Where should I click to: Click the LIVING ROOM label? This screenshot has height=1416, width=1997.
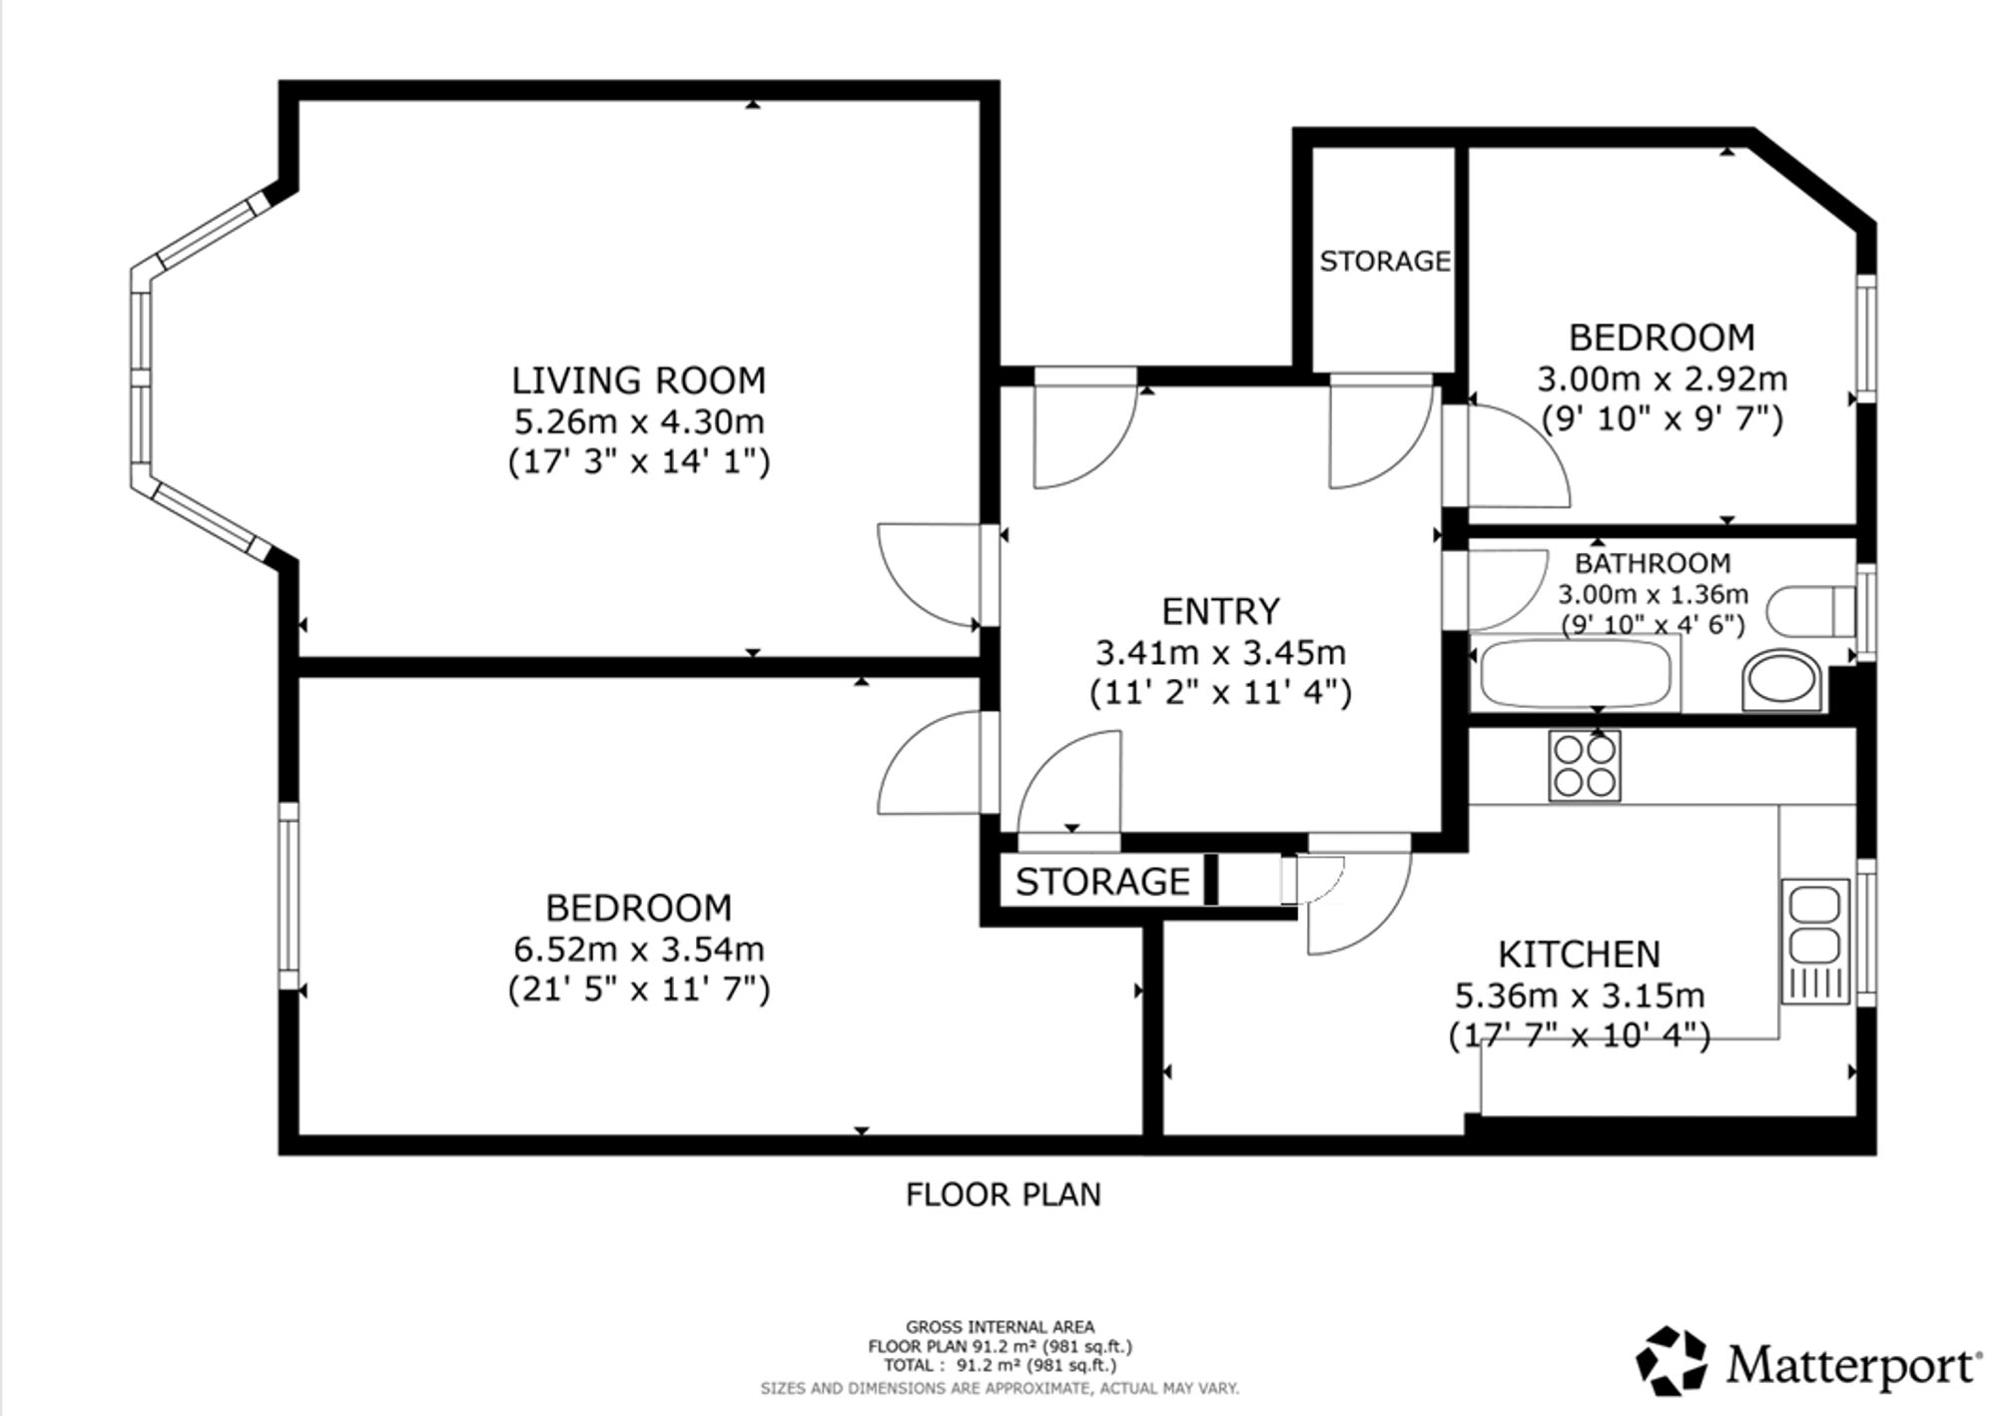pyautogui.click(x=638, y=380)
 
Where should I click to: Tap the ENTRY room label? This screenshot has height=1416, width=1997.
pyautogui.click(x=1220, y=611)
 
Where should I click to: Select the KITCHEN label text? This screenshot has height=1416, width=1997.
pyautogui.click(x=1579, y=955)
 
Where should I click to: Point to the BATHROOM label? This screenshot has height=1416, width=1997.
pyautogui.click(x=1653, y=563)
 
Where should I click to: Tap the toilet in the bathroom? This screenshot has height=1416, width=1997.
pyautogui.click(x=1810, y=611)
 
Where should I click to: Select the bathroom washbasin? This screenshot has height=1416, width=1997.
pyautogui.click(x=1780, y=681)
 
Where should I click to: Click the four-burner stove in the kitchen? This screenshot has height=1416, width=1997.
pyautogui.click(x=1585, y=766)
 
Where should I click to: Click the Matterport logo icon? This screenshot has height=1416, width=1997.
pyautogui.click(x=1671, y=1360)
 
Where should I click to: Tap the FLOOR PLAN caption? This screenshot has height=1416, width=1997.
pyautogui.click(x=1002, y=1194)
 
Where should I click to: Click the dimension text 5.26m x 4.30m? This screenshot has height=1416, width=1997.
pyautogui.click(x=639, y=421)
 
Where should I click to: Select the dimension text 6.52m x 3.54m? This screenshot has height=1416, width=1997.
pyautogui.click(x=639, y=949)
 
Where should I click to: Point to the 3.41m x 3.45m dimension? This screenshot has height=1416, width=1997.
pyautogui.click(x=1220, y=653)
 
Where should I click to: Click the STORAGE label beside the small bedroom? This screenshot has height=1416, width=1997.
pyautogui.click(x=1385, y=262)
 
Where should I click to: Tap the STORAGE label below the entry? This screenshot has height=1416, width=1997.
pyautogui.click(x=1102, y=882)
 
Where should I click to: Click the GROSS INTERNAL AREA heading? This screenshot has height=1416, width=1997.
pyautogui.click(x=999, y=1327)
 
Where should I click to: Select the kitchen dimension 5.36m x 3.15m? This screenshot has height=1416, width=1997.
pyautogui.click(x=1579, y=996)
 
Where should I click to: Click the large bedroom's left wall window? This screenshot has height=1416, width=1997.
pyautogui.click(x=289, y=896)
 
